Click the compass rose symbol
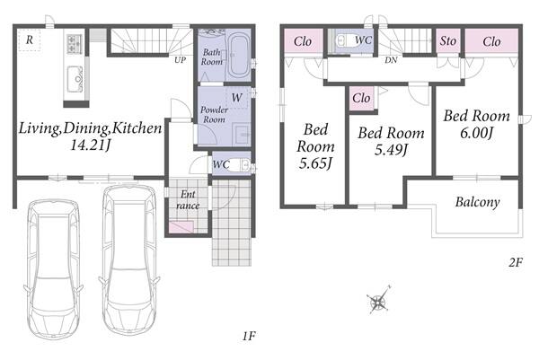point(378,302)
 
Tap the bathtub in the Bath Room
point(239,55)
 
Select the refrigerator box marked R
point(30,40)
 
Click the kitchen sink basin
point(75,78)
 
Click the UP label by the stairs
point(181,60)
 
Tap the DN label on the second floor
point(391,60)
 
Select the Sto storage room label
point(448,41)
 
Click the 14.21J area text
point(91,145)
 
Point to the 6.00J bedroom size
point(477,132)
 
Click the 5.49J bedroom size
point(391,150)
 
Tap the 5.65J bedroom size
point(315,162)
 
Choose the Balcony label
point(478,202)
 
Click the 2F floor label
point(516,263)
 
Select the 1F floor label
point(249,336)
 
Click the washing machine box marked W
point(237,98)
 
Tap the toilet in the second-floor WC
point(348,41)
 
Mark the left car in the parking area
point(53,269)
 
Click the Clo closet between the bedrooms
point(361,99)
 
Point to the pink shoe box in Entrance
point(181,227)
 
